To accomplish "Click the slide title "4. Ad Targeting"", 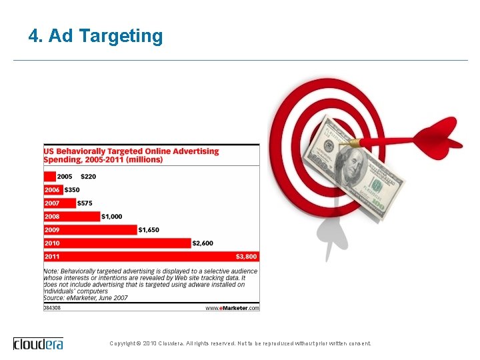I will click(x=95, y=36).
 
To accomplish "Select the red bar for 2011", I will click(x=151, y=256).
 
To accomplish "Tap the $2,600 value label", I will click(x=203, y=243).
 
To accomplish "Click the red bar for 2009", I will click(x=90, y=230).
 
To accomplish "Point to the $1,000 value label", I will click(x=111, y=217).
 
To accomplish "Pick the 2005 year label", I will click(x=65, y=177).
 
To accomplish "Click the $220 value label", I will click(x=88, y=177).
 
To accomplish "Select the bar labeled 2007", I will click(x=59, y=203).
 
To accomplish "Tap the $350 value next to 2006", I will click(x=72, y=190).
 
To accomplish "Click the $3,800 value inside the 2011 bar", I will click(x=245, y=256).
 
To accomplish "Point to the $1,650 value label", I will click(x=149, y=230).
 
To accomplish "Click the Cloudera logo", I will click(x=39, y=343).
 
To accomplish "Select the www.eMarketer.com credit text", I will click(x=231, y=308).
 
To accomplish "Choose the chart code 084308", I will click(x=53, y=308).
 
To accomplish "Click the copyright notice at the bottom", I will click(x=240, y=343).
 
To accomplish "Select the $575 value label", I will click(x=85, y=203).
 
